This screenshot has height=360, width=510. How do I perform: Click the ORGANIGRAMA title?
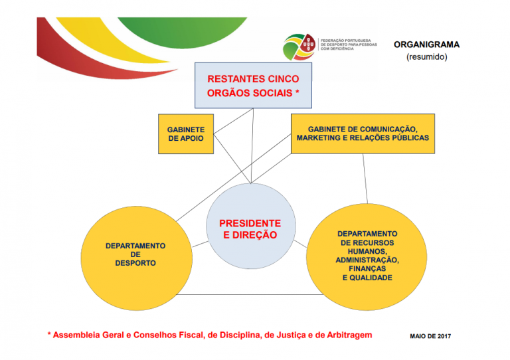[x=426, y=45]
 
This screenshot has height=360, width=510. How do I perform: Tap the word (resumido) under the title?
[x=427, y=57]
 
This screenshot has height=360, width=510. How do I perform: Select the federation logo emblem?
[x=299, y=47]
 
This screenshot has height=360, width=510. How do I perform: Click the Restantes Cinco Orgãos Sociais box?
[x=253, y=86]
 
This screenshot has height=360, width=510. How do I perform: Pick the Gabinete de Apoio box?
[x=186, y=134]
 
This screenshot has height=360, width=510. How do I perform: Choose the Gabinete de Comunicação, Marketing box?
[x=363, y=134]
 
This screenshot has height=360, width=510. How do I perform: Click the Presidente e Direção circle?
[x=251, y=226]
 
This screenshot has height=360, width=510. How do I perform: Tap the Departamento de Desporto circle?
[x=136, y=258]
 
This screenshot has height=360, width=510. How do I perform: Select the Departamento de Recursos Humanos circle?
[x=367, y=257]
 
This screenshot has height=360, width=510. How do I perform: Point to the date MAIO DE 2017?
[x=430, y=336]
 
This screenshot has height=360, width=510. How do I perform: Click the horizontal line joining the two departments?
[x=250, y=295]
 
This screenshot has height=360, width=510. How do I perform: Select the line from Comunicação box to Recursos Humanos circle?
[x=365, y=179]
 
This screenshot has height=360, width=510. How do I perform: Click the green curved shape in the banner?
[x=182, y=31]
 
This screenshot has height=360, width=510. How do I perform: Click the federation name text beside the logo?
[x=349, y=45]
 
